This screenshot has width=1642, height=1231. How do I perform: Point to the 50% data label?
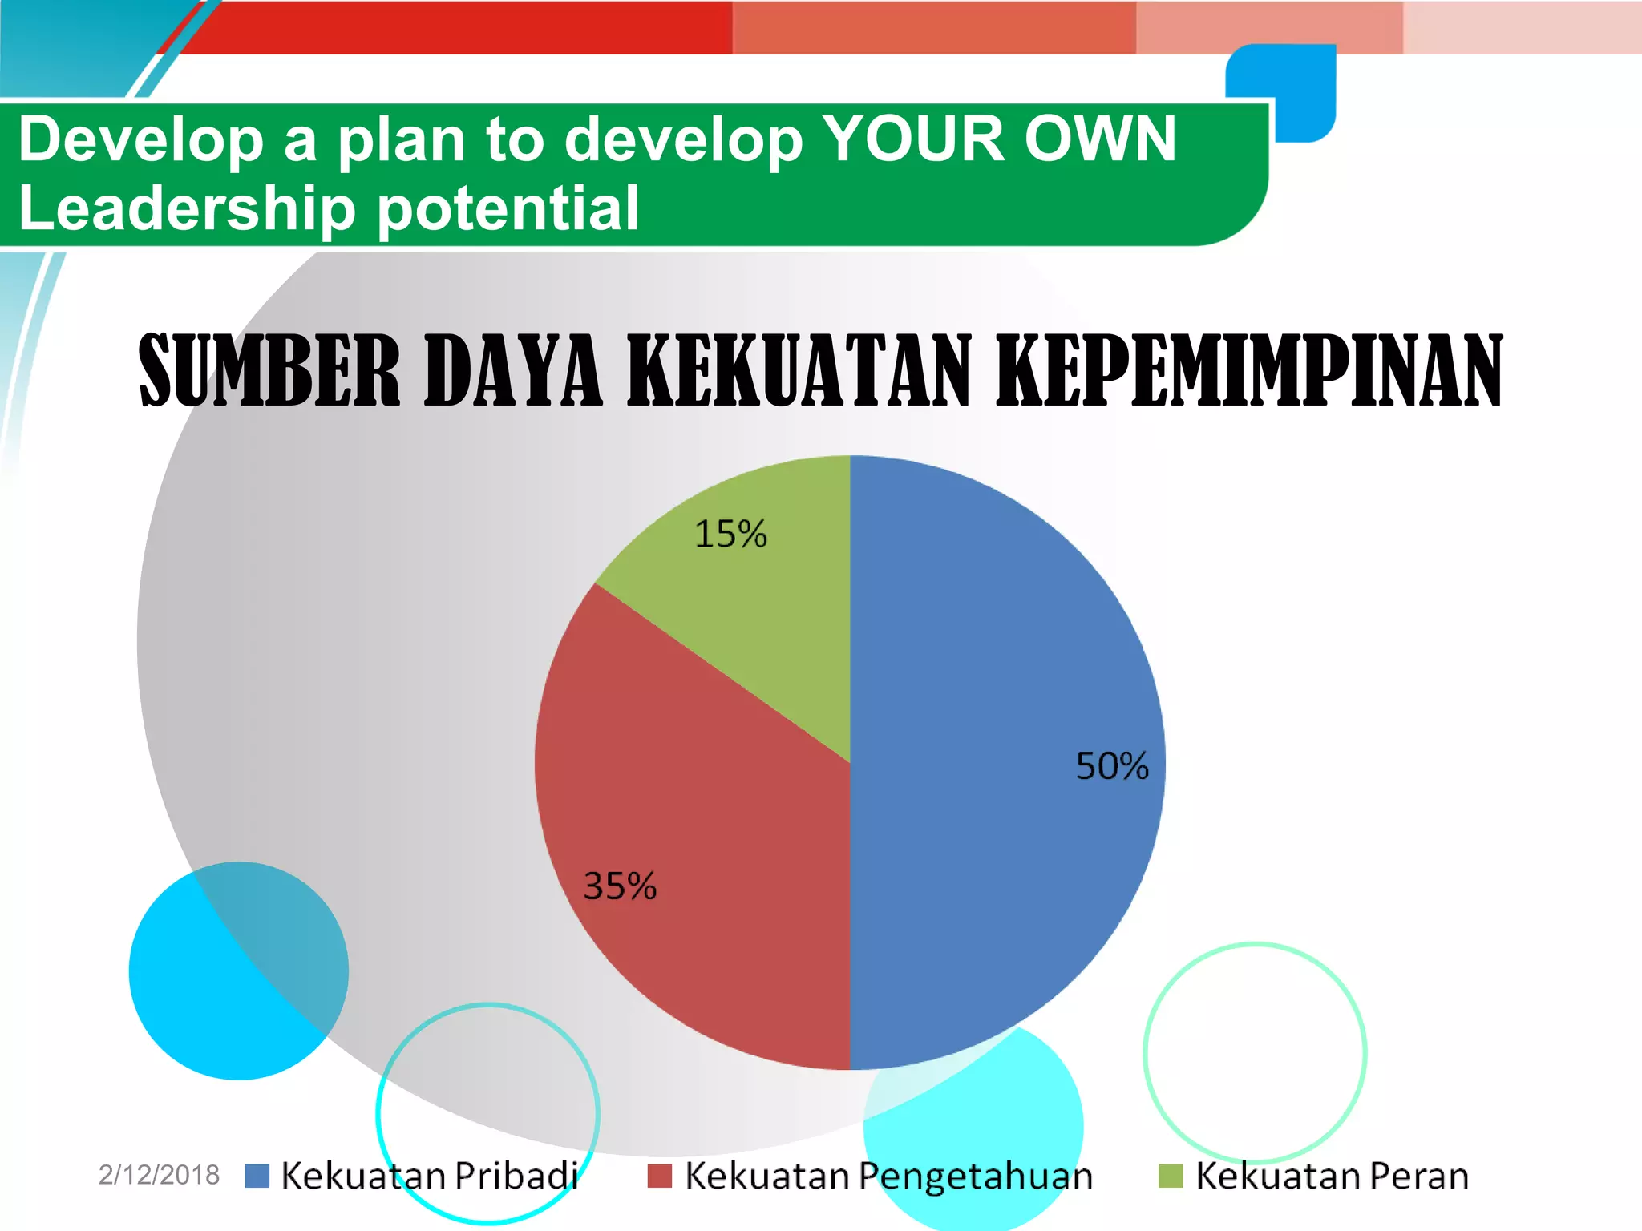point(1112,766)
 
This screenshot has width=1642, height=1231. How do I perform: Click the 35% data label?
point(620,886)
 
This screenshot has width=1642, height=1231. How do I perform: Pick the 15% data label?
point(730,534)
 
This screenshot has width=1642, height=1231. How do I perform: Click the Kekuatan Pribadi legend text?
point(430,1176)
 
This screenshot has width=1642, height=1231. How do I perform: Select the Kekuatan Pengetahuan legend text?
point(888,1176)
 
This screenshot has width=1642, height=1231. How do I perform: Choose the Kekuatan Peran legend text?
point(1332,1176)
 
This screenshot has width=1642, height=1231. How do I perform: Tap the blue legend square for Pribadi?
point(257,1176)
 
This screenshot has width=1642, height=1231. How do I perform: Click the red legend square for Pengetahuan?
point(659,1176)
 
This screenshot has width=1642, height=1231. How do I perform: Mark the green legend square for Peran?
point(1171,1176)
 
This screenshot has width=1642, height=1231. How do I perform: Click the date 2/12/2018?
point(159,1175)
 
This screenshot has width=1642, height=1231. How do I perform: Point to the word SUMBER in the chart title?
point(269,370)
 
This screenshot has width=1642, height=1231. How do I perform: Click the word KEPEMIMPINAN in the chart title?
point(1248,370)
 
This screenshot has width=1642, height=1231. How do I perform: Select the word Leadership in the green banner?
point(187,208)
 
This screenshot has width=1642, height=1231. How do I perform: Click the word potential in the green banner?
point(508,208)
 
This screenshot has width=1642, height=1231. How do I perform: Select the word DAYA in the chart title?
point(512,370)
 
